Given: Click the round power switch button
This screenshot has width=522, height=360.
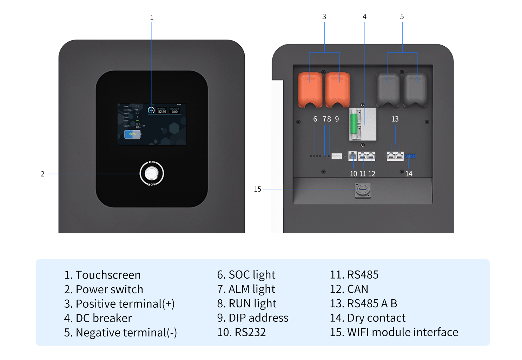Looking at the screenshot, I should [x=152, y=173].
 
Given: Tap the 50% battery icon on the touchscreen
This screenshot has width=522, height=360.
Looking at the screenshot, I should [x=132, y=134].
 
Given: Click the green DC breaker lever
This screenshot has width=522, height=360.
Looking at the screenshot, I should [x=354, y=123].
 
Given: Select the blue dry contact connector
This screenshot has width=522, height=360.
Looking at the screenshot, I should [x=410, y=156].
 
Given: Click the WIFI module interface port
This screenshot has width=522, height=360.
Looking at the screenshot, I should [x=363, y=189].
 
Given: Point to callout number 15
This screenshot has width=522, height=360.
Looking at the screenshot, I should [x=258, y=189].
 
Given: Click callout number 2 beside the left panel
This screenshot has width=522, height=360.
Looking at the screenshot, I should [x=42, y=174].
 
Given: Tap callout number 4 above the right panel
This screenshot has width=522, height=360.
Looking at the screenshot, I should [x=364, y=16].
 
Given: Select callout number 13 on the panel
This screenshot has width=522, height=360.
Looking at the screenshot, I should [x=395, y=119].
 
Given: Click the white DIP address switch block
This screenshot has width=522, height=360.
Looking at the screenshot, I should [x=337, y=156].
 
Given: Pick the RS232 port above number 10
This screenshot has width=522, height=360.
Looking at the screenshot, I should [x=352, y=156].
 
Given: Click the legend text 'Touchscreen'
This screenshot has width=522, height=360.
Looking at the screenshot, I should [x=108, y=275].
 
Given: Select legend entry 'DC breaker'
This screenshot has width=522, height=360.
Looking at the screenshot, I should [x=104, y=318].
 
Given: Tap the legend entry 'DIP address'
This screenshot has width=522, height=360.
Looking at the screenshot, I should [x=258, y=318].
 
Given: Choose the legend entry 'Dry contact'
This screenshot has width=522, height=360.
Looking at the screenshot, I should [x=376, y=318].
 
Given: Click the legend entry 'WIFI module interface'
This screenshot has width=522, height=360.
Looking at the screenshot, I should [x=402, y=332].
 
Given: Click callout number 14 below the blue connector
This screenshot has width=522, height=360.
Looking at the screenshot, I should [x=409, y=174].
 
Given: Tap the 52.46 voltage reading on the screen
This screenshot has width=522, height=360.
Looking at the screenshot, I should [x=162, y=112].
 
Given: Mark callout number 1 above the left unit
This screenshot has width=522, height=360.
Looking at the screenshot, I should [x=152, y=17].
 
